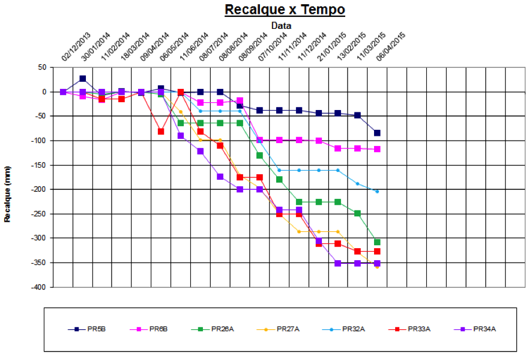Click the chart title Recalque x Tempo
click(x=285, y=10)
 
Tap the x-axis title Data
click(x=281, y=25)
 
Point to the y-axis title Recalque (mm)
click(x=7, y=194)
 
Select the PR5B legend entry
click(x=87, y=329)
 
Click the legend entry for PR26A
click(x=213, y=329)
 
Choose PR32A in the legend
click(x=343, y=329)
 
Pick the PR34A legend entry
click(x=475, y=329)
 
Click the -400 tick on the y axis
click(x=38, y=287)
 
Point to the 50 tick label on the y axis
click(x=42, y=67)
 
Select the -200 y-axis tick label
click(x=38, y=189)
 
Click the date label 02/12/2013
click(x=76, y=46)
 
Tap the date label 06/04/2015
click(x=391, y=46)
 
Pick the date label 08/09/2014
click(x=253, y=46)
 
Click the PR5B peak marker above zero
click(x=82, y=79)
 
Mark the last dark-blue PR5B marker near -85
click(x=377, y=133)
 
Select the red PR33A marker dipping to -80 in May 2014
click(x=161, y=132)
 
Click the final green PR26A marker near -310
click(x=377, y=242)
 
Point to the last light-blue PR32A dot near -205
click(x=377, y=192)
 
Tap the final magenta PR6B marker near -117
click(x=377, y=149)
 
